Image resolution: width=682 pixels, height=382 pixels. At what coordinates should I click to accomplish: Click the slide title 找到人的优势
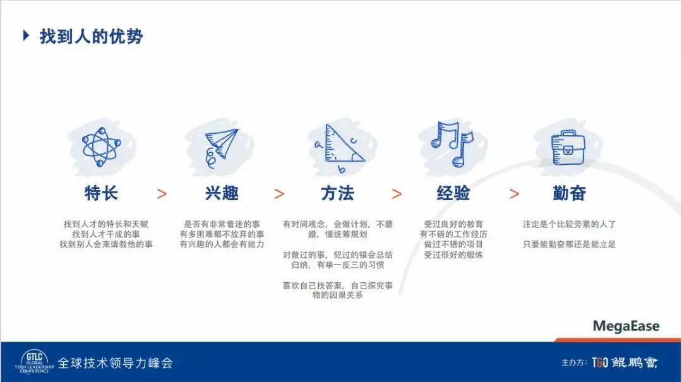[x=92, y=36]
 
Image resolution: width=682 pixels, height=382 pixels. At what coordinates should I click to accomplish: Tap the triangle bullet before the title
[x=26, y=35]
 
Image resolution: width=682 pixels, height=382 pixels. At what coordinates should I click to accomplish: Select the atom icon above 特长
[x=101, y=146]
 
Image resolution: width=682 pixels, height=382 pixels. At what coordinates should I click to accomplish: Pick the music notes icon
[x=452, y=144]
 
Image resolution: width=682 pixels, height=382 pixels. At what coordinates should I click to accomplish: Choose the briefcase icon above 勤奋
[x=568, y=148]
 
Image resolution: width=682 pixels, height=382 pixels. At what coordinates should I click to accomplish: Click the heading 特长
[x=101, y=193]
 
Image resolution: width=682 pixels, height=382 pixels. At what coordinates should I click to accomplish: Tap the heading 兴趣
[x=222, y=193]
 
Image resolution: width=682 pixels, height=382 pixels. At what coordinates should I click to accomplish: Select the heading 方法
[x=337, y=193]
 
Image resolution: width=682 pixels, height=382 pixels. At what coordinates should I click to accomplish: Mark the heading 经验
[x=453, y=193]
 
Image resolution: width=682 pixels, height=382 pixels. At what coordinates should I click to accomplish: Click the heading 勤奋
[x=570, y=193]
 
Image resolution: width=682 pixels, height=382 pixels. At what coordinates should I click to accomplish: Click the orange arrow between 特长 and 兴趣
[x=162, y=194]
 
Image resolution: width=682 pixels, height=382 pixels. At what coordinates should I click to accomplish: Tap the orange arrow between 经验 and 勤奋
[x=514, y=194]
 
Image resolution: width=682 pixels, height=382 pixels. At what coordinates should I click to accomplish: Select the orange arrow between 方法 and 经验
[x=397, y=194]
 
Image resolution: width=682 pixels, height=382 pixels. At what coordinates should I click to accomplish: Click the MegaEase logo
[x=626, y=326]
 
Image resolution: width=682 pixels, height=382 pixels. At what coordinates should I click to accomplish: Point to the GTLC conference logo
[x=34, y=361]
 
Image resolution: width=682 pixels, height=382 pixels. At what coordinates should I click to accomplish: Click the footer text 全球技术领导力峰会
[x=116, y=363]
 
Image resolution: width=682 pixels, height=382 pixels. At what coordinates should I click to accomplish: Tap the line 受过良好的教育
[x=453, y=224]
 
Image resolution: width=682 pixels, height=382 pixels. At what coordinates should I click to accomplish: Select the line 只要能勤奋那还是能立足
[x=570, y=244]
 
